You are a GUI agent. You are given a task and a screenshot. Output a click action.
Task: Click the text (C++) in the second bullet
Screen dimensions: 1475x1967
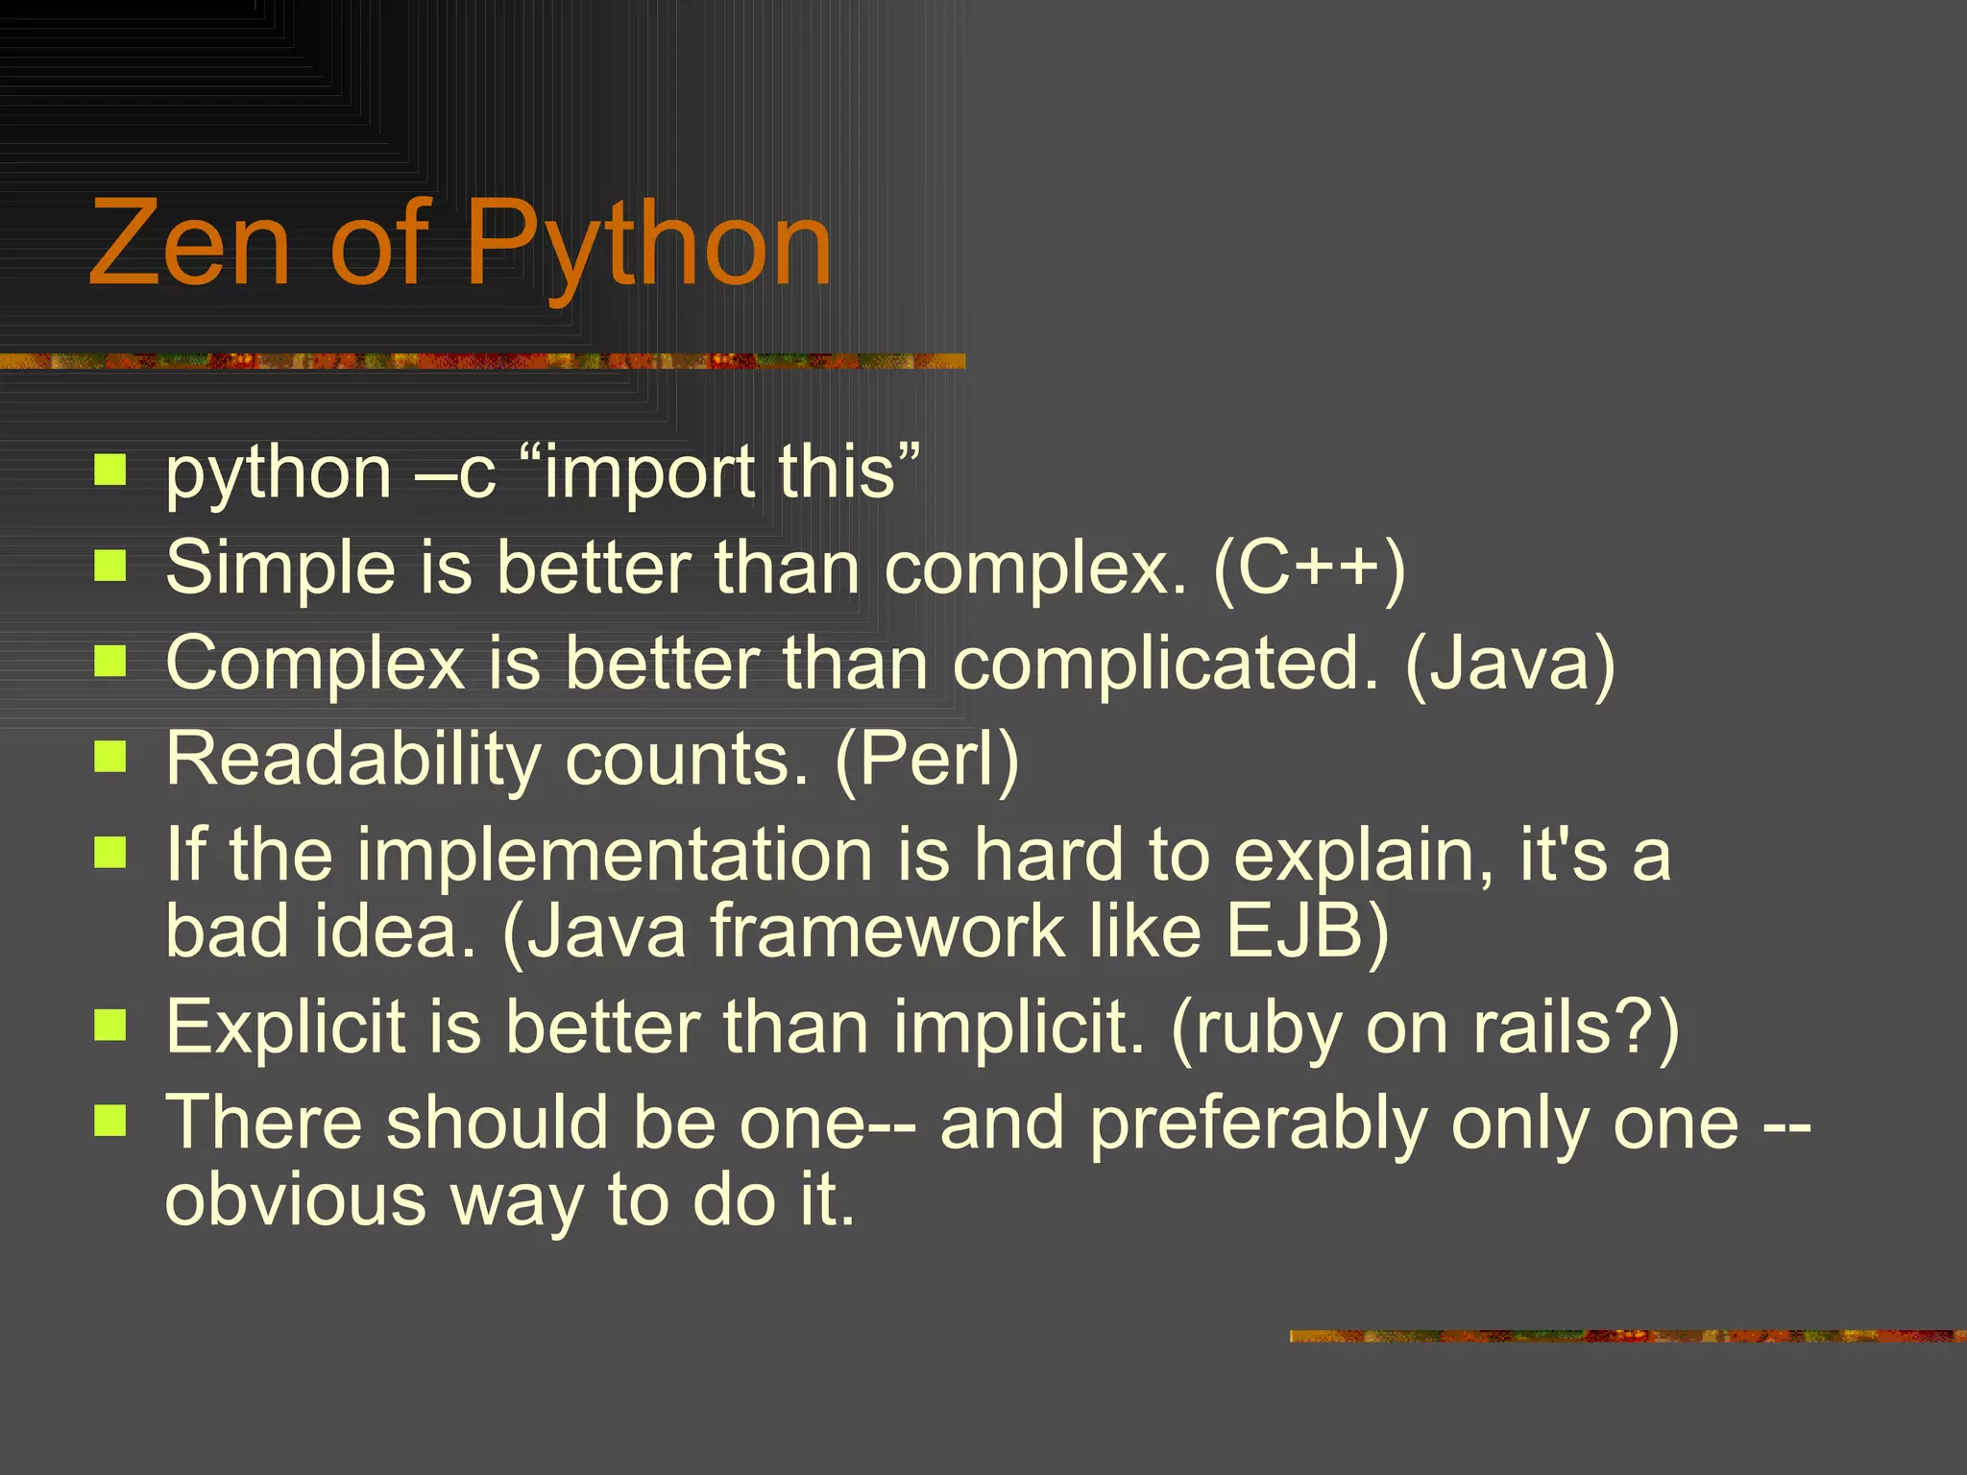click(1309, 568)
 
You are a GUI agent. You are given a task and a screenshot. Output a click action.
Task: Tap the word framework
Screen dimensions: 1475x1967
click(887, 932)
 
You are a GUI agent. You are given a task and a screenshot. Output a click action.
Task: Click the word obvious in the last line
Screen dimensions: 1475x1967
click(296, 1201)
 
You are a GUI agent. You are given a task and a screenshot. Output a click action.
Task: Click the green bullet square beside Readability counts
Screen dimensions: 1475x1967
click(110, 757)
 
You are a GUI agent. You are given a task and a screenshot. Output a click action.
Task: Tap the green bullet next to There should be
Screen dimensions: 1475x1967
click(110, 1120)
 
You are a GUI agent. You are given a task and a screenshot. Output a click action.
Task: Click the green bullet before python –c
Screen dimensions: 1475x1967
click(110, 471)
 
